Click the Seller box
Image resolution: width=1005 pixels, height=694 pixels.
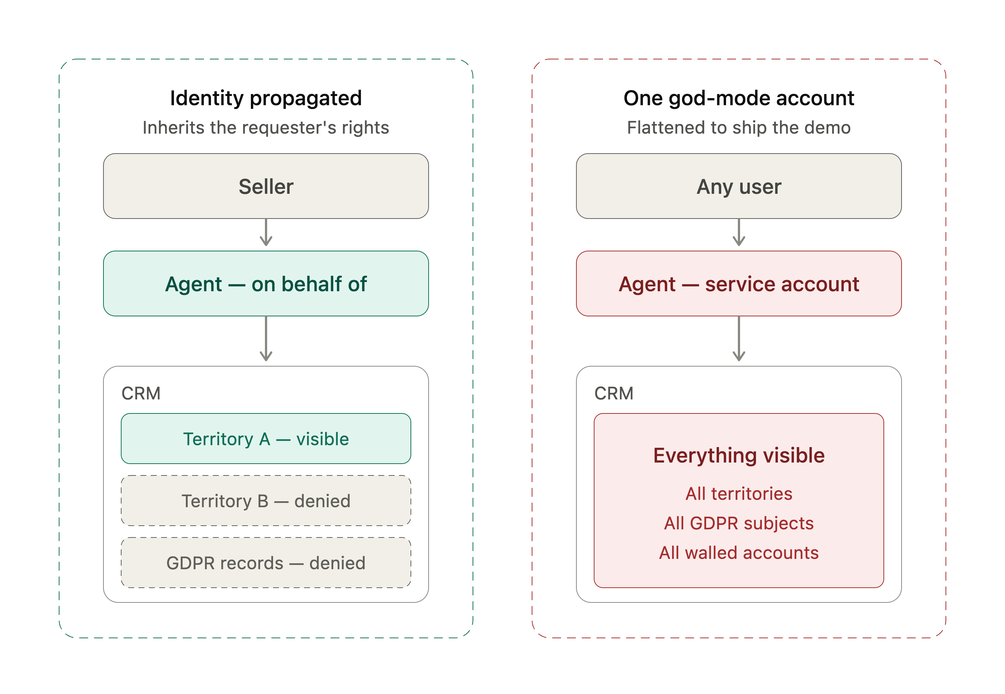pos(266,186)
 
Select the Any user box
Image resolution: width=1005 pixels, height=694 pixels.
pos(738,186)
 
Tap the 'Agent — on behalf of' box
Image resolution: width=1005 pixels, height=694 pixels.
pos(266,283)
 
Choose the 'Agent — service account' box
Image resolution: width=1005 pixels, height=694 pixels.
pos(738,283)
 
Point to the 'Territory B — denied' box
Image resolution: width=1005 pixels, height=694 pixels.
pos(266,501)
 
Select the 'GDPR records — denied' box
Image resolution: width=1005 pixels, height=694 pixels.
pos(266,563)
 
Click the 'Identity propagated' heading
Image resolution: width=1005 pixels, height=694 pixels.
pos(266,98)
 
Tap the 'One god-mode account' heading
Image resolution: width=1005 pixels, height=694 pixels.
pos(738,98)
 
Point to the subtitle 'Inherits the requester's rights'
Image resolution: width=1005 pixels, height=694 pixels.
pos(266,127)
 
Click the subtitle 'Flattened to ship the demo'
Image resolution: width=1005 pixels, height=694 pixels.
pos(738,127)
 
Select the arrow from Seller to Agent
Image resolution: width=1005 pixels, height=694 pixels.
pos(266,232)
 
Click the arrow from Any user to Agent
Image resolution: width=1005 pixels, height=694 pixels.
pos(738,232)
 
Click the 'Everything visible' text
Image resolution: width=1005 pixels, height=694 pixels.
pos(738,455)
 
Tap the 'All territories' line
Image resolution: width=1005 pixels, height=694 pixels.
pos(738,494)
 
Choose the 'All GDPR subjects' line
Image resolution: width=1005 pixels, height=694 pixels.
pos(738,523)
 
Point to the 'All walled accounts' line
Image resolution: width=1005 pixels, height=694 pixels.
pos(738,553)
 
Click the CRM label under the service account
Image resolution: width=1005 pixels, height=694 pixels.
pos(613,393)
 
